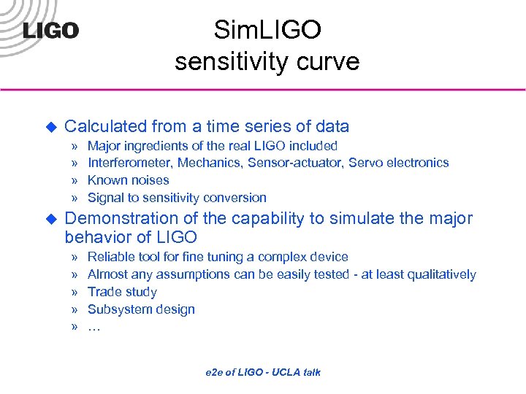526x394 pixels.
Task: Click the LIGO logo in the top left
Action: pos(50,31)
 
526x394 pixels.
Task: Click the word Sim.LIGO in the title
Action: pos(267,30)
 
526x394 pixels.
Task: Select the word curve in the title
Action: pos(327,61)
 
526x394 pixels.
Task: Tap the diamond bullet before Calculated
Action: pos(51,127)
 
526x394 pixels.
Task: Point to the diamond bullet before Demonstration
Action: pos(51,219)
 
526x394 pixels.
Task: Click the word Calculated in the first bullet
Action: pos(106,126)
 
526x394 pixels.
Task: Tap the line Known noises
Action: pos(128,180)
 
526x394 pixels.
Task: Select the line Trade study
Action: pos(122,292)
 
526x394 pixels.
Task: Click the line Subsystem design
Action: pos(141,309)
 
